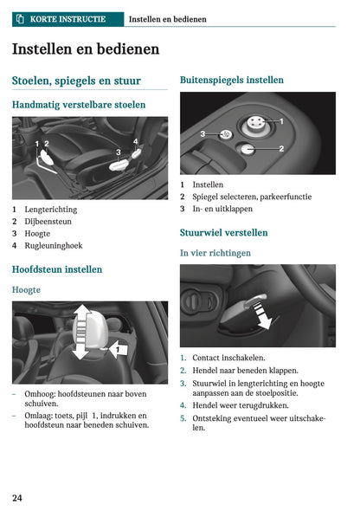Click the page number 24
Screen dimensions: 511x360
coord(17,497)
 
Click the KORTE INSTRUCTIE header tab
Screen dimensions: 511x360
coord(66,18)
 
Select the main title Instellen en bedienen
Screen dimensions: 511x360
coord(86,49)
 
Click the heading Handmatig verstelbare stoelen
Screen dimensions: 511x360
coord(79,105)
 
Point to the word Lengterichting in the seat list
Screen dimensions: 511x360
coord(50,210)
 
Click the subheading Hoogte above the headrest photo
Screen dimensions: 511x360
coord(26,289)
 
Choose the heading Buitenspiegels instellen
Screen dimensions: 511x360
coord(231,80)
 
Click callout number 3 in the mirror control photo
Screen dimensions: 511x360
coord(202,134)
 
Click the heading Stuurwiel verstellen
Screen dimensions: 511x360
coord(223,233)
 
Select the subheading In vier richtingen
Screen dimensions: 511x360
coord(215,253)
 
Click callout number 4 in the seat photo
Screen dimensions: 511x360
coord(135,140)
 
